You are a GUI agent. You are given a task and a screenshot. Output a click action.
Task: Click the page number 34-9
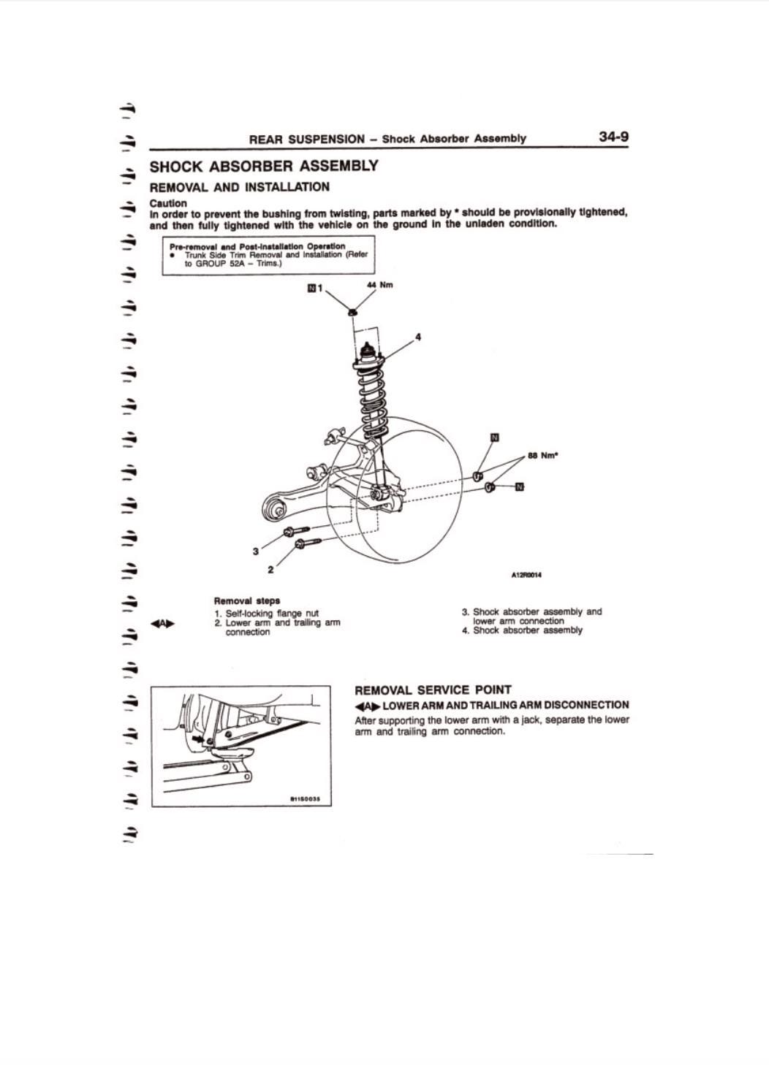tap(613, 137)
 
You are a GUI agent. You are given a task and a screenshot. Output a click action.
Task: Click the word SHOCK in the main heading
tap(178, 166)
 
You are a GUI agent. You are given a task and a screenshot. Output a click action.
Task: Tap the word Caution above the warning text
tap(168, 203)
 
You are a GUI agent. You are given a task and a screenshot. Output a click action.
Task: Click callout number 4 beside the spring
tap(417, 337)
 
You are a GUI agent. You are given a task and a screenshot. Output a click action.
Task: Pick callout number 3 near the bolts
tap(255, 551)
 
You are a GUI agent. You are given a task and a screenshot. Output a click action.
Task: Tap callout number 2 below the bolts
tap(270, 569)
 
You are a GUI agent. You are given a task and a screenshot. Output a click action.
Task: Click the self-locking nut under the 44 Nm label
tap(352, 313)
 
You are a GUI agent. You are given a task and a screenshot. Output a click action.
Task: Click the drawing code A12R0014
tap(526, 575)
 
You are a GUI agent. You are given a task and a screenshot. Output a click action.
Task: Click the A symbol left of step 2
tap(163, 623)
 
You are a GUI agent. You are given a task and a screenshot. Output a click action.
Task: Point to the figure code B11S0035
tap(311, 799)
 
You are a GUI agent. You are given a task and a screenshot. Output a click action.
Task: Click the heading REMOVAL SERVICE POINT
tap(433, 690)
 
